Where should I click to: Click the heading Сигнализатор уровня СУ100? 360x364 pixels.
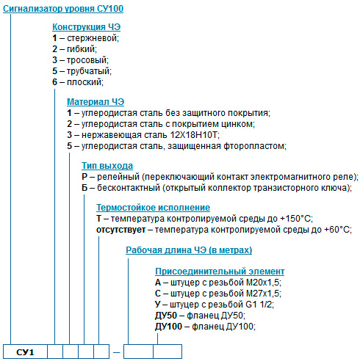pyautogui.click(x=63, y=9)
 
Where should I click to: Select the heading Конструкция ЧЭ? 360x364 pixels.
pyautogui.click(x=86, y=27)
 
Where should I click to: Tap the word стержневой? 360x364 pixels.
pyautogui.click(x=93, y=38)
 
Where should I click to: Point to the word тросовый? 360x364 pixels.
pyautogui.click(x=87, y=60)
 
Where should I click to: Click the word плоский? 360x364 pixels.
pyautogui.click(x=84, y=82)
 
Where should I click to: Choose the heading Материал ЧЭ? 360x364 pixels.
pyautogui.click(x=96, y=102)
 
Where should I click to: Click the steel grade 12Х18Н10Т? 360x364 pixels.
pyautogui.click(x=192, y=135)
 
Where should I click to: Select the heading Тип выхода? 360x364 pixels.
pyautogui.click(x=107, y=166)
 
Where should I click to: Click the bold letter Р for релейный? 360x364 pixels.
pyautogui.click(x=84, y=177)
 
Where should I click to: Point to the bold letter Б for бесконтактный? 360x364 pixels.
pyautogui.click(x=84, y=188)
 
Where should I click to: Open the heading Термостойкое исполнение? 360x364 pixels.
pyautogui.click(x=153, y=208)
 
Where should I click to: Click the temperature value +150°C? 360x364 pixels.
pyautogui.click(x=295, y=218)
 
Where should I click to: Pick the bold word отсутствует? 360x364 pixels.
pyautogui.click(x=120, y=230)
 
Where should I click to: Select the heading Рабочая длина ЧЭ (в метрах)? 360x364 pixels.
pyautogui.click(x=189, y=250)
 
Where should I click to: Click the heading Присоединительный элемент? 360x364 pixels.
pyautogui.click(x=220, y=272)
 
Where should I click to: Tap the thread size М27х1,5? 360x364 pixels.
pyautogui.click(x=263, y=294)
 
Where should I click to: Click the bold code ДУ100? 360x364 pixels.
pyautogui.click(x=168, y=327)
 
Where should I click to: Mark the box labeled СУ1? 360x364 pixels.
pyautogui.click(x=25, y=352)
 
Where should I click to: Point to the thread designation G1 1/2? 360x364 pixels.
pyautogui.click(x=259, y=305)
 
